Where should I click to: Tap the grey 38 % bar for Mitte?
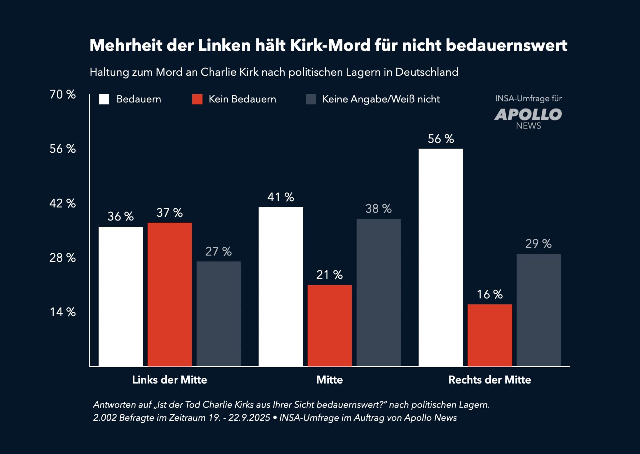[x=379, y=292]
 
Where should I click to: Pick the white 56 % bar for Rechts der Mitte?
[x=441, y=257]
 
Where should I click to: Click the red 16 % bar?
[x=490, y=335]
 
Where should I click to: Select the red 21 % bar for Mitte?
[x=330, y=325]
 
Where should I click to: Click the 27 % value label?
[x=218, y=251]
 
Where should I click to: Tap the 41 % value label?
[x=281, y=197]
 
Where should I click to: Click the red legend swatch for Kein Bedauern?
[x=197, y=99]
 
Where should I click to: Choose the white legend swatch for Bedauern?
[x=104, y=99]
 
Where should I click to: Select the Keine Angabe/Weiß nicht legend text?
[x=381, y=99]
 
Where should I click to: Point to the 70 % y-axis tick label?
[x=63, y=94]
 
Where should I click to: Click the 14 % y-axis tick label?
[x=63, y=312]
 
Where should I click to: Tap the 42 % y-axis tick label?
[x=63, y=203]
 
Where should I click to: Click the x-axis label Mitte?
[x=329, y=380]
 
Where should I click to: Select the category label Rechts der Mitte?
[x=489, y=380]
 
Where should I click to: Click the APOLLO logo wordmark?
[x=528, y=115]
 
